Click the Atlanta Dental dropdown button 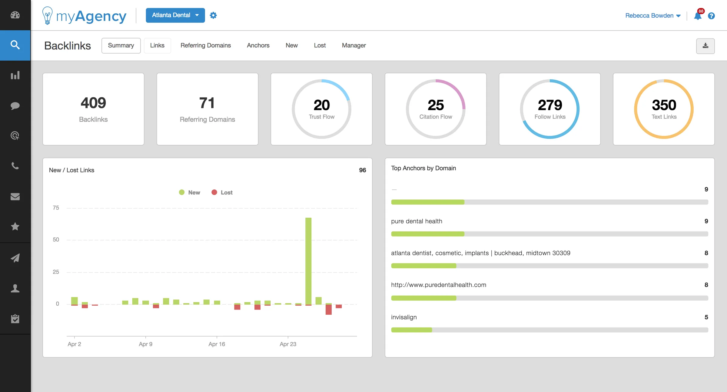click(175, 15)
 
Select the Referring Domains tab click(205, 45)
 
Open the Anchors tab click(258, 45)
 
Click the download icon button click(705, 46)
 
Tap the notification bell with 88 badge click(698, 16)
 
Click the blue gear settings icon click(213, 15)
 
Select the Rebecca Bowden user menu click(652, 16)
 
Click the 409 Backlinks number click(93, 103)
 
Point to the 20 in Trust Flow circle click(321, 105)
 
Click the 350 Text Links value click(664, 105)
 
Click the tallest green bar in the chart click(308, 261)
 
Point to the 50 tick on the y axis click(56, 240)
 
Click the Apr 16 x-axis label click(217, 344)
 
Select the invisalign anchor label click(404, 317)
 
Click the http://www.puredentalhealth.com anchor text click(438, 285)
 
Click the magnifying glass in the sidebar click(15, 45)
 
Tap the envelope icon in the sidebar click(15, 196)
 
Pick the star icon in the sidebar click(15, 226)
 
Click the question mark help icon click(711, 16)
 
